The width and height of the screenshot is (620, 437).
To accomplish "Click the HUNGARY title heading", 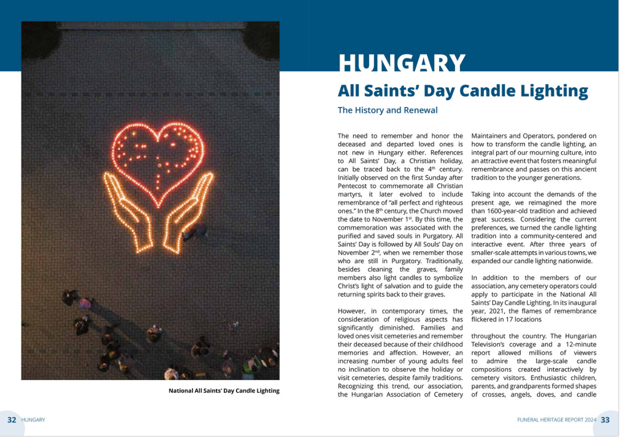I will pyautogui.click(x=402, y=62).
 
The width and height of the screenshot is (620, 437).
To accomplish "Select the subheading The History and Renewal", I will pyautogui.click(x=388, y=110).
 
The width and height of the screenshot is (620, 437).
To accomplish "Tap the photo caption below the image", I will pyautogui.click(x=224, y=390).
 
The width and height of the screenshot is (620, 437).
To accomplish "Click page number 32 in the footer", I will pyautogui.click(x=11, y=420).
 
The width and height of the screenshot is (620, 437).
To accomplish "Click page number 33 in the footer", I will pyautogui.click(x=605, y=420).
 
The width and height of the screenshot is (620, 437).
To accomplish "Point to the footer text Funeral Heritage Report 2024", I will pyautogui.click(x=557, y=420).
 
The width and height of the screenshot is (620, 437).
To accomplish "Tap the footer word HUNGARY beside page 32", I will pyautogui.click(x=33, y=420).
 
